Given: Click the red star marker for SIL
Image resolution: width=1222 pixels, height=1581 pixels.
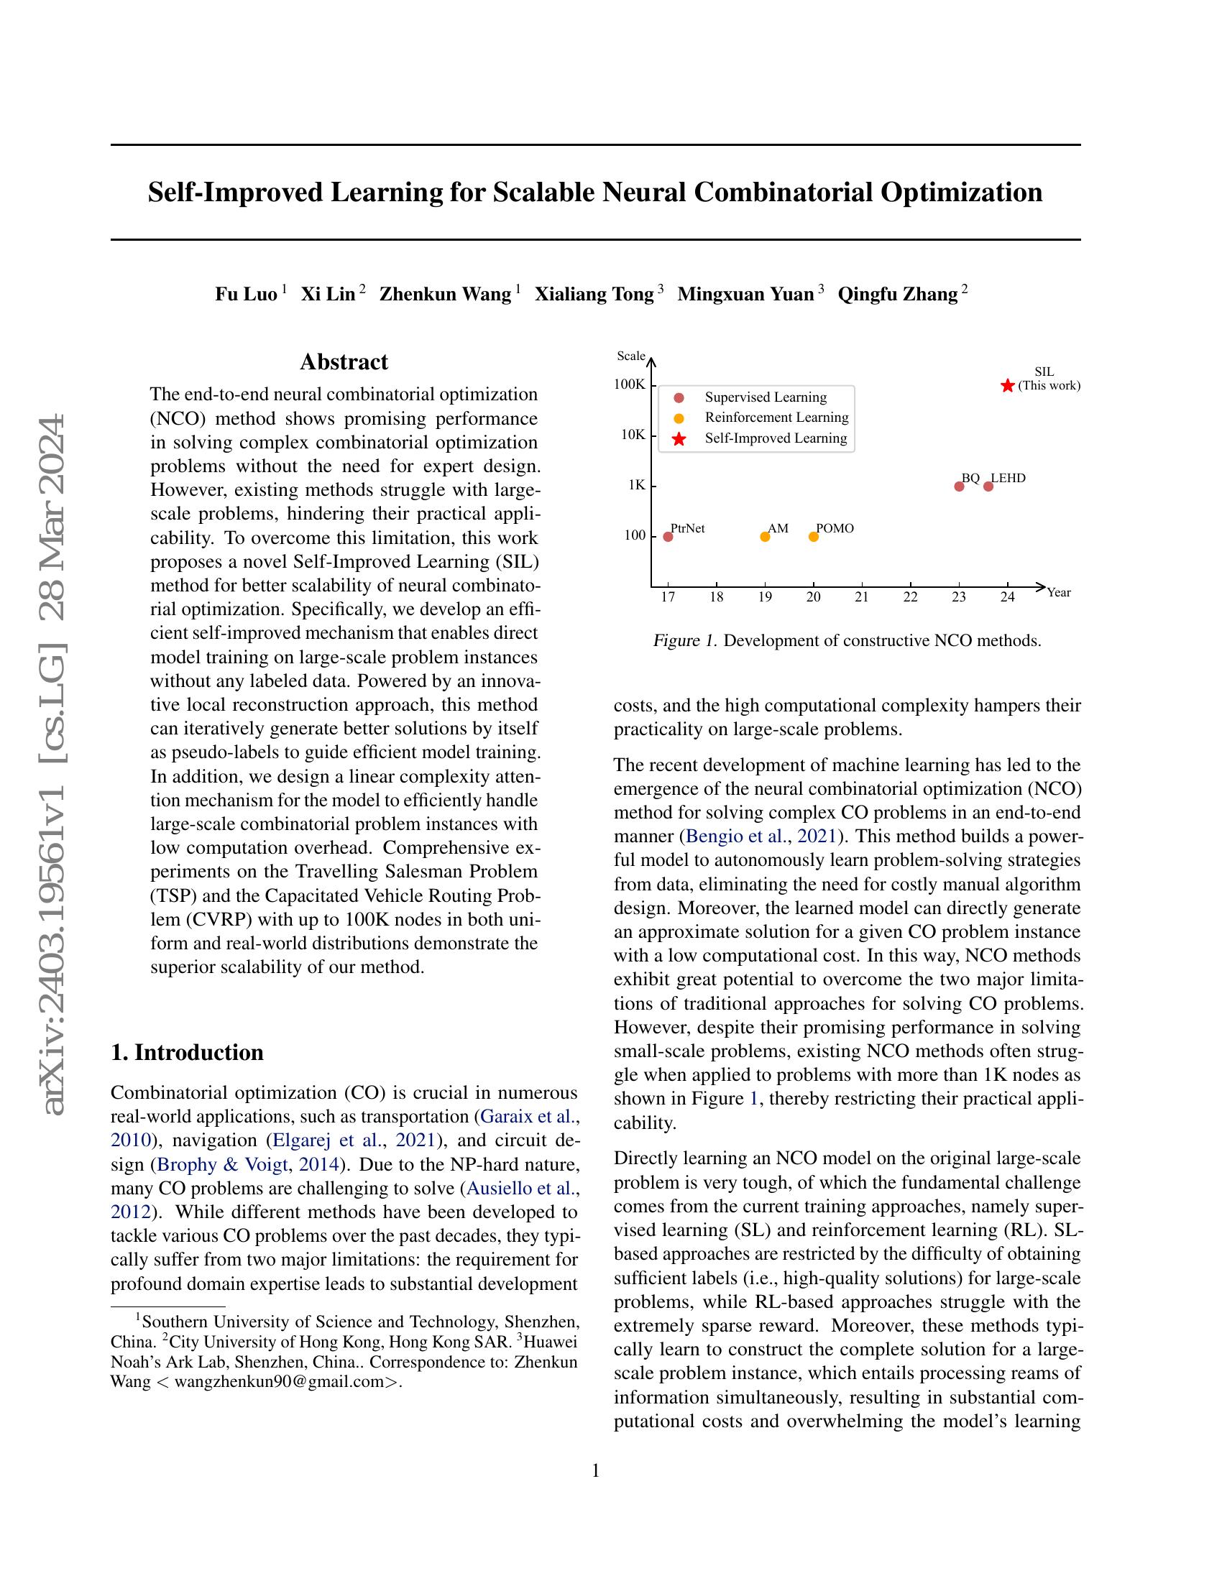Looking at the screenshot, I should click(x=1007, y=386).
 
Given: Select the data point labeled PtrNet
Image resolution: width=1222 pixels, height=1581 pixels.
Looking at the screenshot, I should click(x=668, y=536).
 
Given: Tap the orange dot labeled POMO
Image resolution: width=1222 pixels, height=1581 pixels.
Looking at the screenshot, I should click(x=813, y=536).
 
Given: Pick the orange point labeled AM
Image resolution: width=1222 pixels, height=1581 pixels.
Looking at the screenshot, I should click(x=765, y=536).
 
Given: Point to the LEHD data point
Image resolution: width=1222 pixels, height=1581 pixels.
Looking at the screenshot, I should click(x=988, y=486).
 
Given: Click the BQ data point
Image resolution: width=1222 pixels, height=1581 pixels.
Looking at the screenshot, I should click(x=958, y=486).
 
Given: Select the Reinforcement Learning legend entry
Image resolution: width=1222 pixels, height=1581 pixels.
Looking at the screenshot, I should click(x=776, y=418).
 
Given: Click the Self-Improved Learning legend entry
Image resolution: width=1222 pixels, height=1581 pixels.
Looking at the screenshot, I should click(x=775, y=438).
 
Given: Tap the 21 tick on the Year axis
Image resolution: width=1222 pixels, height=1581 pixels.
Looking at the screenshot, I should click(x=861, y=597).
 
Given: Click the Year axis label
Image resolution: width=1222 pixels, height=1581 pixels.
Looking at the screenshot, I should click(x=1058, y=593).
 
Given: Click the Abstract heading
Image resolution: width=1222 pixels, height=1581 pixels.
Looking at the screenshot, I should click(x=344, y=362).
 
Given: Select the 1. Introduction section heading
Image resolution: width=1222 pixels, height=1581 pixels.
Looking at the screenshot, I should click(x=187, y=1052).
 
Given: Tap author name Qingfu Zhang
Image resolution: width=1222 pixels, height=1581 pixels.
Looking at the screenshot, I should click(x=898, y=294).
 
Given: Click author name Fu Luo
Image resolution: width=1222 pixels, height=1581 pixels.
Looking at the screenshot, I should click(x=246, y=294).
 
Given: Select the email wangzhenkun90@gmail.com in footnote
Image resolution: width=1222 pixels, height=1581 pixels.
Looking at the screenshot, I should click(x=278, y=1382).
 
